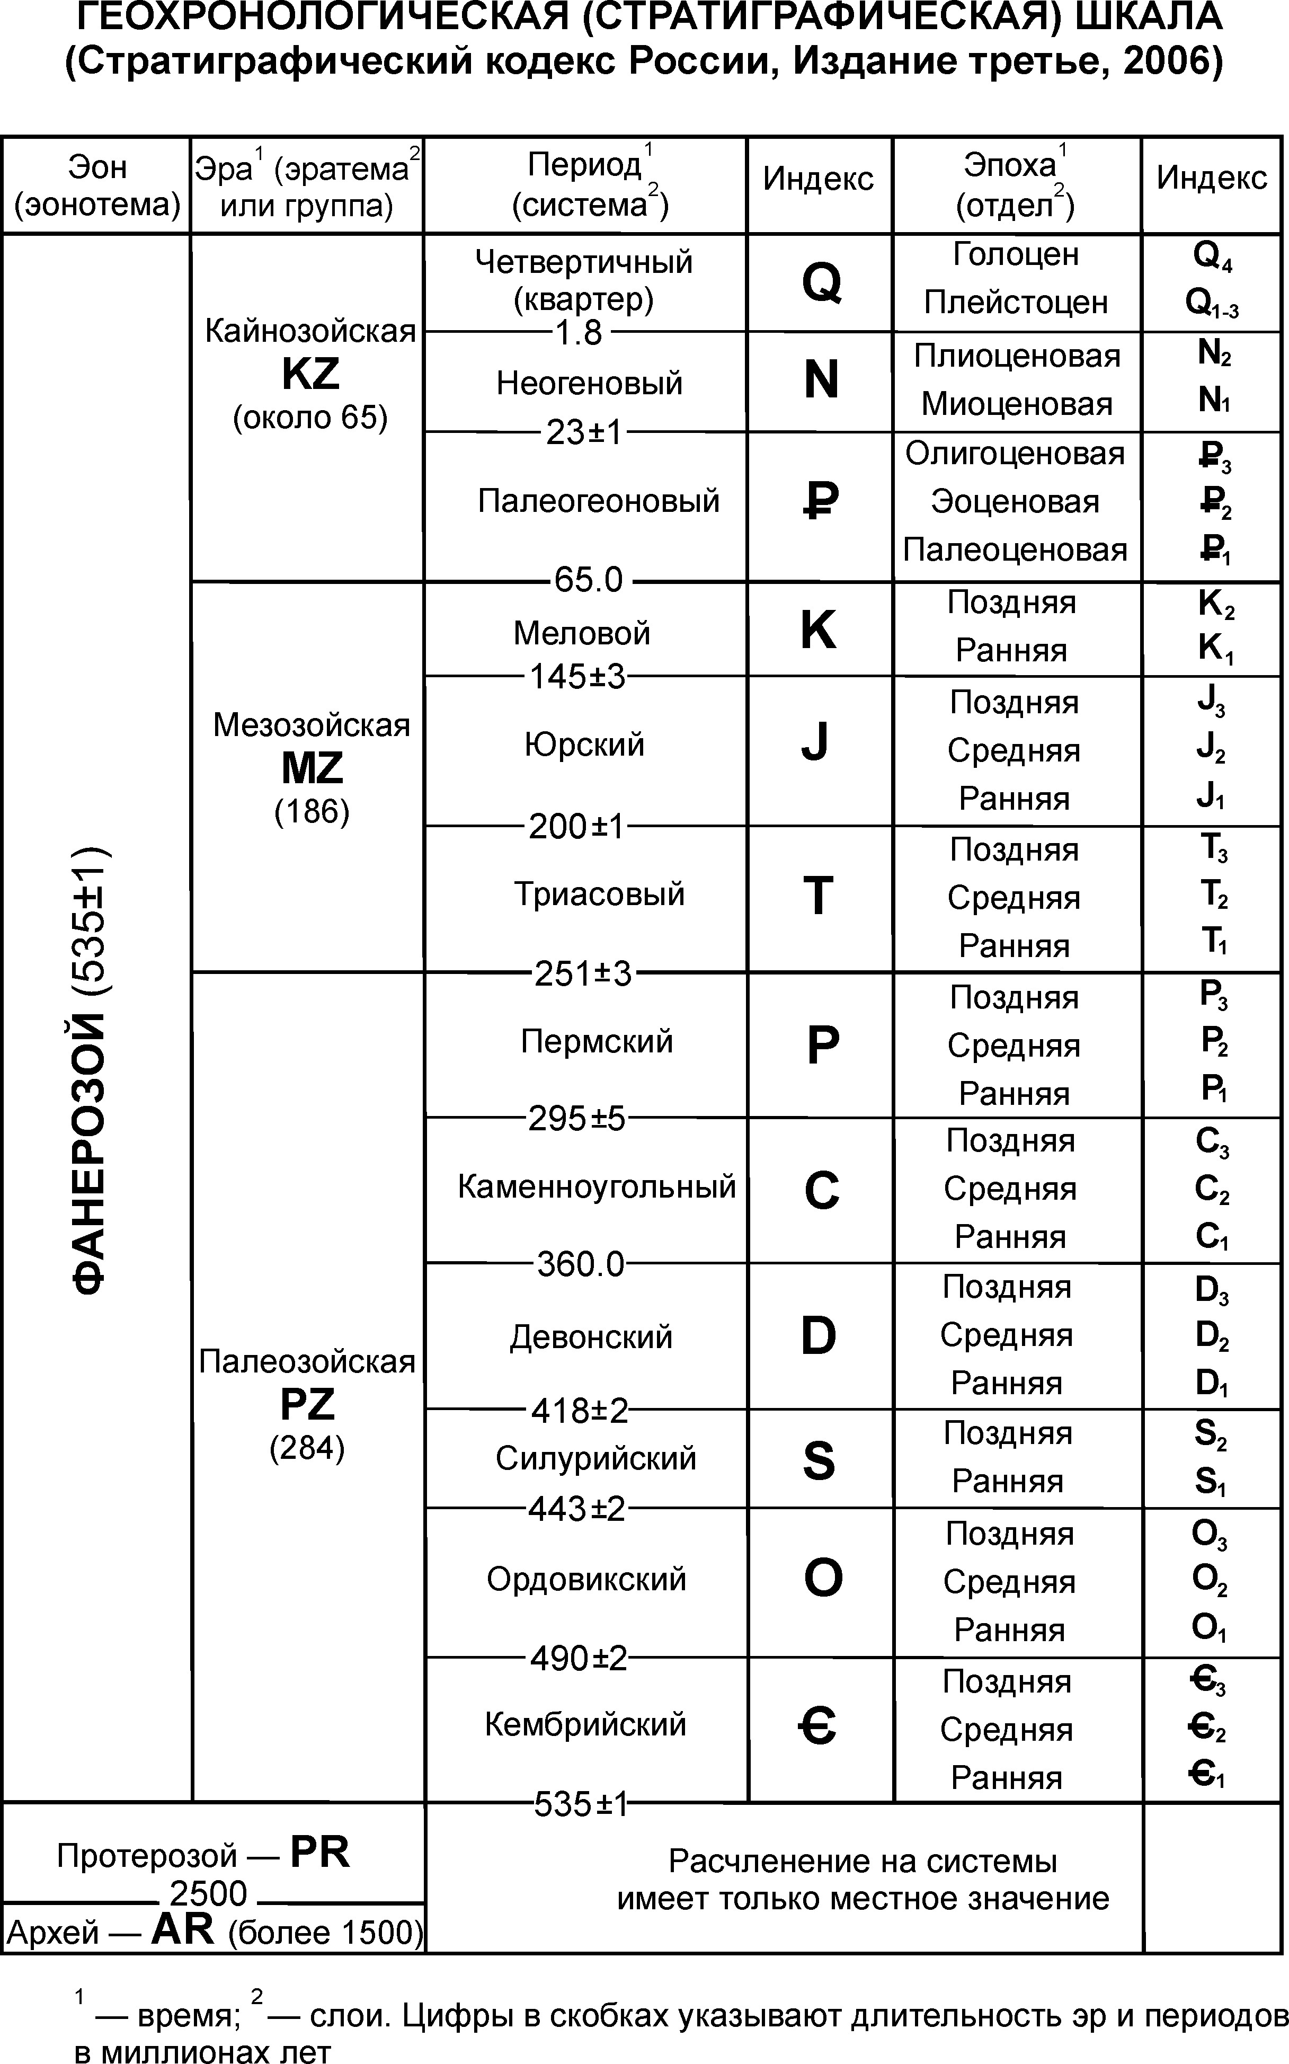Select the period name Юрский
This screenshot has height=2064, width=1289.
[x=585, y=745]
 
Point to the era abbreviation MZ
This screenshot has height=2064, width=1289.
[x=312, y=768]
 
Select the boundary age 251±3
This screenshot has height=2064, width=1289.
[x=583, y=973]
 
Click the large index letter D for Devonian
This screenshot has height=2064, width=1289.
[x=819, y=1336]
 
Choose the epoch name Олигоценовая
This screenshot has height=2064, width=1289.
[x=1015, y=454]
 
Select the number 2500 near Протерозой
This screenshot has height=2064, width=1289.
[x=208, y=1893]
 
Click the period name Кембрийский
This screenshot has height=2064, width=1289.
[x=585, y=1724]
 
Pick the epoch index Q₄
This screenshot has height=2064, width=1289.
[x=1212, y=255]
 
